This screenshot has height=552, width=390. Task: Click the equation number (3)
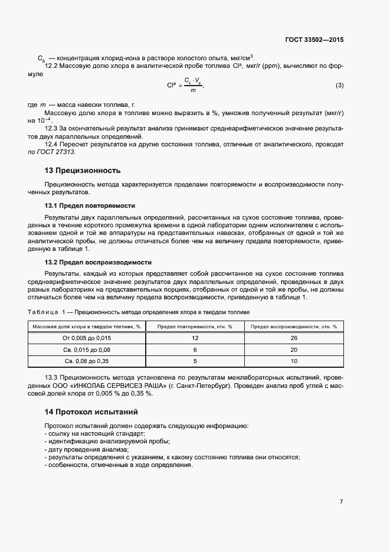(x=339, y=85)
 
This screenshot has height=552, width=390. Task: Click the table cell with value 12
(x=194, y=338)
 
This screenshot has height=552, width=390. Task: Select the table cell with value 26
(x=293, y=338)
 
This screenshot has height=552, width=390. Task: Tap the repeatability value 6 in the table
(x=194, y=350)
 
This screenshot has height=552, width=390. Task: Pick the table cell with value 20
(x=293, y=350)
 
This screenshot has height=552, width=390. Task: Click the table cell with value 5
(x=194, y=361)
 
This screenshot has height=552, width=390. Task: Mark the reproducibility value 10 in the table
(x=293, y=361)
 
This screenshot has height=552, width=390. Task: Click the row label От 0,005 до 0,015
(x=87, y=338)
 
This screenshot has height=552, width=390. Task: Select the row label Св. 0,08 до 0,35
(x=87, y=361)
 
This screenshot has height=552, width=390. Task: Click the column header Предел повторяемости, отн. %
(x=194, y=326)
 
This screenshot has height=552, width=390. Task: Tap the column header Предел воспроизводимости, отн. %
(x=293, y=326)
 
